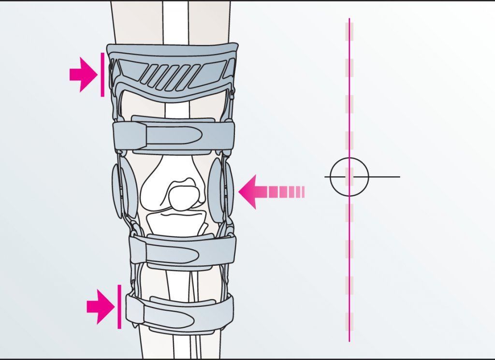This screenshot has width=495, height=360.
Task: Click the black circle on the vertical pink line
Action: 349,177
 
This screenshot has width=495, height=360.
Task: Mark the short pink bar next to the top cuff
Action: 102,74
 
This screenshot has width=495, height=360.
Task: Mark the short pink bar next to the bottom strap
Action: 119,306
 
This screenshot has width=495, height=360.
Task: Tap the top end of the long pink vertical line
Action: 349,19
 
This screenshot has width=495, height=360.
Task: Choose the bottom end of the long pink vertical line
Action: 349,341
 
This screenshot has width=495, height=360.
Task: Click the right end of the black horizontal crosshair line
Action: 399,177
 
